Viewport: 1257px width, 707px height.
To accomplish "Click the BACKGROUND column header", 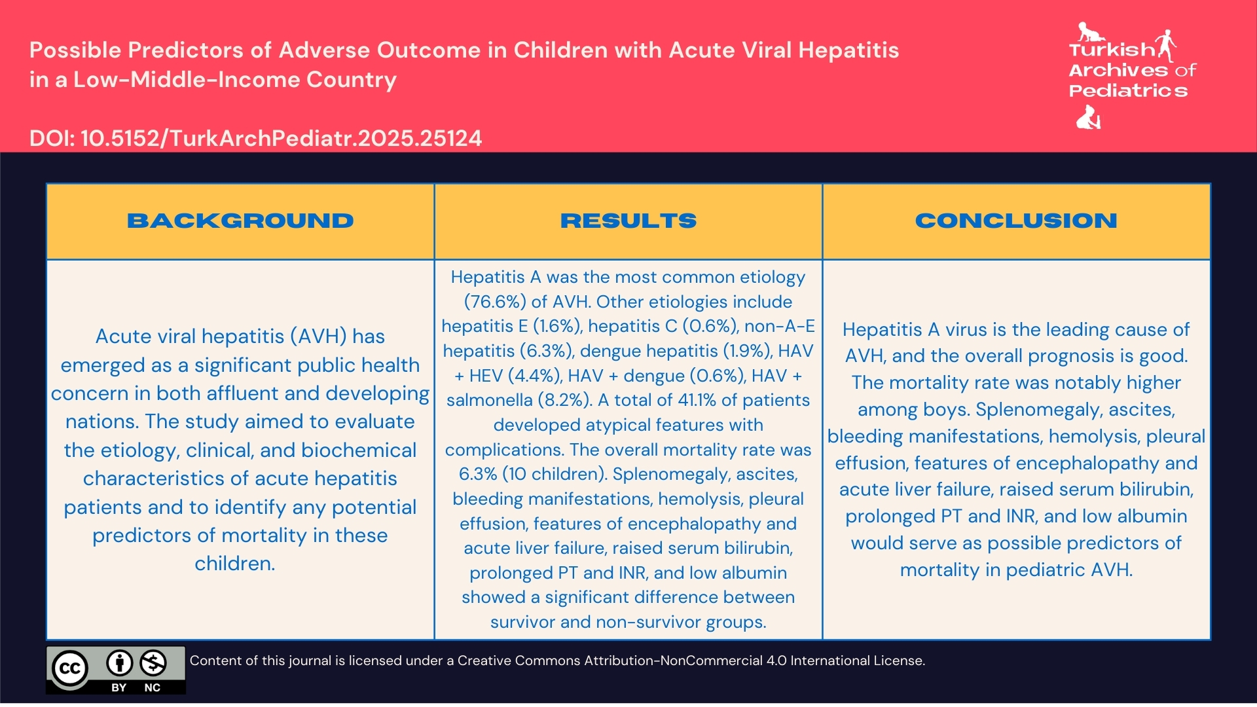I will pos(240,221).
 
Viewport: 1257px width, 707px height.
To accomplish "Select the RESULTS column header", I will pos(628,221).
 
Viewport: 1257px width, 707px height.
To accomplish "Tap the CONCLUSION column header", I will pos(1016,221).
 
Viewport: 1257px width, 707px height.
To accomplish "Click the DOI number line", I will pos(255,138).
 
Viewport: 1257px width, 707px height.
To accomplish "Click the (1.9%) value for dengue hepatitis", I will pos(747,351).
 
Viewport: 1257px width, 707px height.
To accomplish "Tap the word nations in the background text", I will pos(101,422).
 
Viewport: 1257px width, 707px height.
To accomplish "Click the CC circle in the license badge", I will pos(70,668).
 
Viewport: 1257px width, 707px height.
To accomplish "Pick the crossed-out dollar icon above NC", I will pos(153,663).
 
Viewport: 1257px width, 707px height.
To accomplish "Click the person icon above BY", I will pos(119,663).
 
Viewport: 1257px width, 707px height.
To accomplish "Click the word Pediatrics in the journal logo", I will pos(1128,91).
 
